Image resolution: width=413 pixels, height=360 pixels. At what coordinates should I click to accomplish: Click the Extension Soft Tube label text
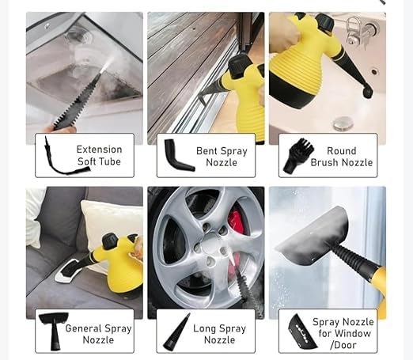coord(99,155)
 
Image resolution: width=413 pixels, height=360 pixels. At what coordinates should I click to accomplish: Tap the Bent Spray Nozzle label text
coord(222,157)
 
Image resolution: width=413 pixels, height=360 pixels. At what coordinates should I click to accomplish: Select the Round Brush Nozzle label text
coord(342,157)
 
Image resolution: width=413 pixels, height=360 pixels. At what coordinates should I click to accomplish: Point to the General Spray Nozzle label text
coord(98,334)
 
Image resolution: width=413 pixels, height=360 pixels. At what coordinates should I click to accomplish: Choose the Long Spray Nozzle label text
coord(220,334)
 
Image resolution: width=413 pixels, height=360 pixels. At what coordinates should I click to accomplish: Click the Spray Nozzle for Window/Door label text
coord(343,333)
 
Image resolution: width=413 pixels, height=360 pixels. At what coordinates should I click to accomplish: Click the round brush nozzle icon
coord(297,156)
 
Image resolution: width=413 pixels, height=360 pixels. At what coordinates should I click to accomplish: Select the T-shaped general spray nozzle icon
coord(55,331)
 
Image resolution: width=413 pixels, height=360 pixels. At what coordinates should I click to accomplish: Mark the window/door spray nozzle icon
coord(301,332)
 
